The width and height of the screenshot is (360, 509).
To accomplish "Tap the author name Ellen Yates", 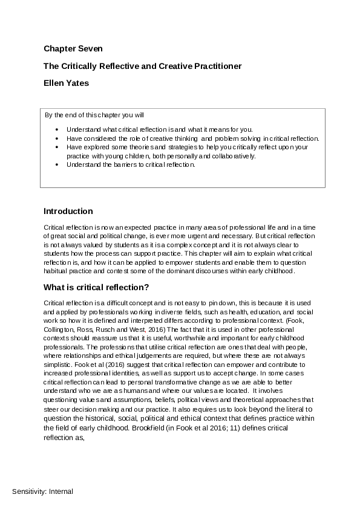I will [x=66, y=83].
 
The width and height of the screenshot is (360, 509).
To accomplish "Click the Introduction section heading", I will [x=68, y=211].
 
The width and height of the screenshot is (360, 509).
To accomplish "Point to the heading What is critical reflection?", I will [x=96, y=287].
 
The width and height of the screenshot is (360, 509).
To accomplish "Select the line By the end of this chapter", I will [x=94, y=115].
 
